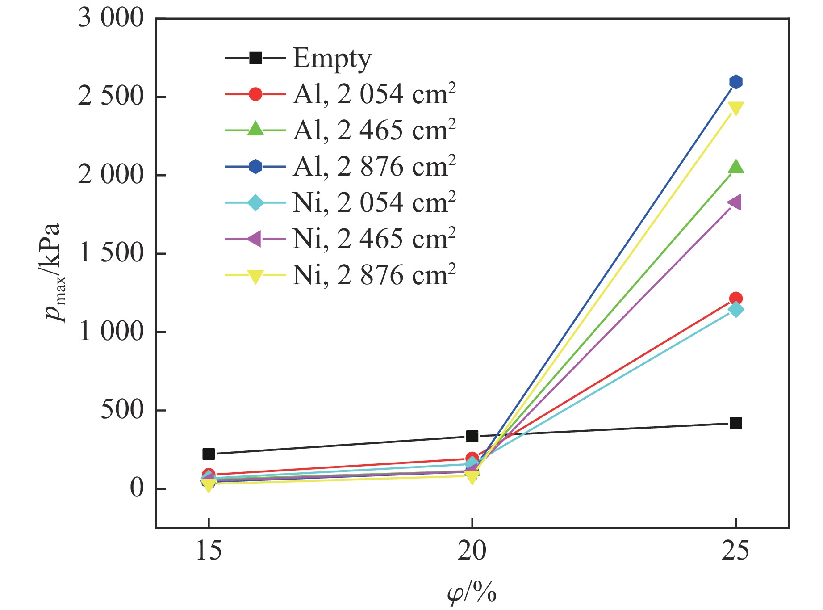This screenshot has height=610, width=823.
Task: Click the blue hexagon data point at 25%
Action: point(735,82)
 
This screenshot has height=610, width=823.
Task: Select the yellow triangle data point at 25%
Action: point(735,108)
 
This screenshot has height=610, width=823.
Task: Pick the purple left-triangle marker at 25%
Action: point(735,202)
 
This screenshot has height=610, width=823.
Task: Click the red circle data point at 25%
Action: point(735,298)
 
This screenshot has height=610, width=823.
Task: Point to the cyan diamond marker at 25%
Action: point(735,309)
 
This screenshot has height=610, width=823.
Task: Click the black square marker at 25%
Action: point(735,423)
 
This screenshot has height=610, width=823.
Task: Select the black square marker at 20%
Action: point(472,436)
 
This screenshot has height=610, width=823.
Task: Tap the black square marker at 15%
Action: point(209,454)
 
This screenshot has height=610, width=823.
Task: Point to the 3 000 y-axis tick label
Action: point(111,18)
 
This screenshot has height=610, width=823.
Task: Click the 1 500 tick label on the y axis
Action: point(111,253)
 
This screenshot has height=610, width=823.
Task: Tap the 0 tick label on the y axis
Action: point(137,488)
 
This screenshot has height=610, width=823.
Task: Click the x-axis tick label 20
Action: point(472,551)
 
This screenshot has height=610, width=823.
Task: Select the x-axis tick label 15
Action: point(209,551)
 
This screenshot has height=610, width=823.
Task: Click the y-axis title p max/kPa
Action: point(54,273)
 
